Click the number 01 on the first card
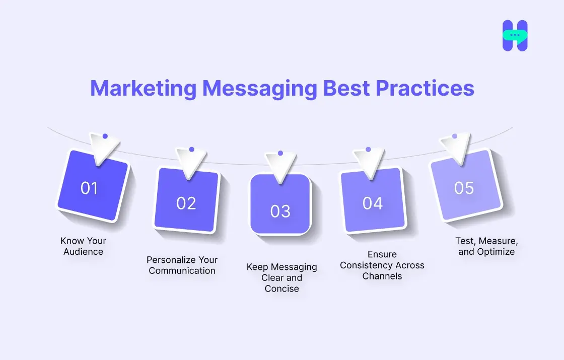89,188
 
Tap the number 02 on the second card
186,203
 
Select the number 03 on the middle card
280,211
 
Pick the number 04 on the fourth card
373,203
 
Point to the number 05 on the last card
464,188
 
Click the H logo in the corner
515,35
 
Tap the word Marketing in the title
144,89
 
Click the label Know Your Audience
84,246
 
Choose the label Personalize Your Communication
182,265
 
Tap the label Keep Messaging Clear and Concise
281,277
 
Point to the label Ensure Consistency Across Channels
382,265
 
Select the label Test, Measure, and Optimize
486,246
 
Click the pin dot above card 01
105,136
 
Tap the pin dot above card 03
280,153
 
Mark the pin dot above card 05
455,136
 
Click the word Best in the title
346,89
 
